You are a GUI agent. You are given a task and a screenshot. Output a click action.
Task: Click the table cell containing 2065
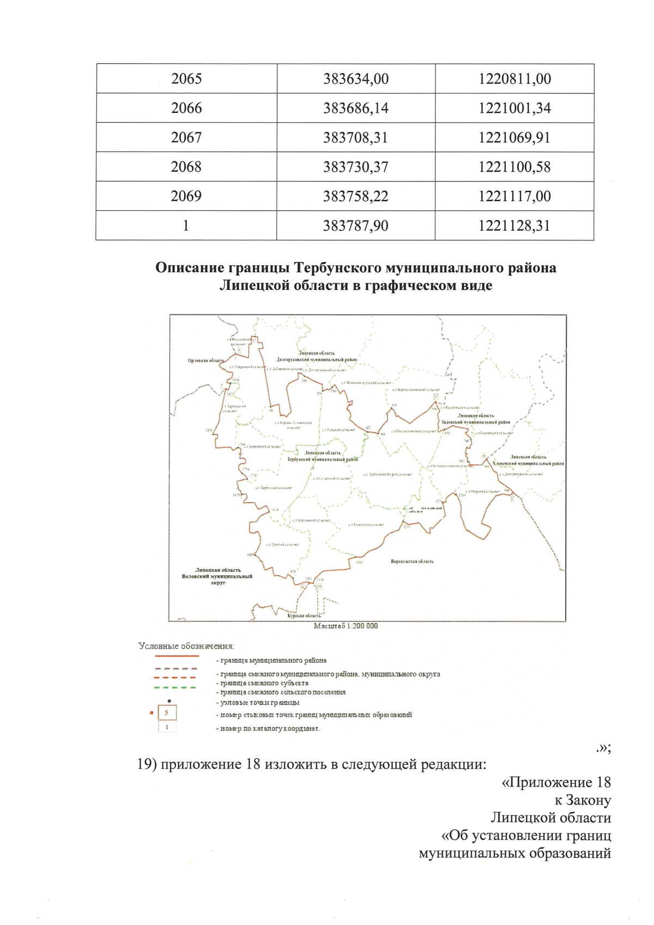point(186,79)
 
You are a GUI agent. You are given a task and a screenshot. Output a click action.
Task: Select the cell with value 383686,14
point(356,108)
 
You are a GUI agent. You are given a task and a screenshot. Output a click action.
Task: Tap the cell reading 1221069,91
point(514,138)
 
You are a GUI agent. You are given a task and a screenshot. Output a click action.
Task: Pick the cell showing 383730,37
point(356,167)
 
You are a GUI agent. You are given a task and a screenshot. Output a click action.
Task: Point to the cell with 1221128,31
point(514,226)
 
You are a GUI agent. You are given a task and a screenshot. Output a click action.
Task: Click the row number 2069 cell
point(186,196)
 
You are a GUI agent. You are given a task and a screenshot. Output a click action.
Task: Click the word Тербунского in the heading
point(338,268)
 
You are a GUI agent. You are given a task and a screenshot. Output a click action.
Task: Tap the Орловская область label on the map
point(205,361)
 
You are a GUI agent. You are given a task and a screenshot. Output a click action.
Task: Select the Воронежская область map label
point(412,561)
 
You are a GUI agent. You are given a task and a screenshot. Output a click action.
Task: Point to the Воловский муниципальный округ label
point(217,576)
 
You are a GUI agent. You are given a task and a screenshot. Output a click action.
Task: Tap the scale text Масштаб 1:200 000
point(346,626)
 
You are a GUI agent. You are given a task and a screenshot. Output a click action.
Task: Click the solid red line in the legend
point(176,657)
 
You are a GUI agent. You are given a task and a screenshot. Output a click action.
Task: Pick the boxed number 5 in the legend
point(167,713)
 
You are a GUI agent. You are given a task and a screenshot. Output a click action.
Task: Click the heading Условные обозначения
point(186,646)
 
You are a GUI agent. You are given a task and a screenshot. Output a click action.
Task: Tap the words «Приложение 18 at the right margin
point(556,783)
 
